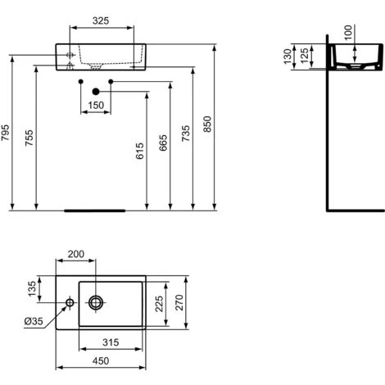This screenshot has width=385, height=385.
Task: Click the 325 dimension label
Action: tap(101, 20)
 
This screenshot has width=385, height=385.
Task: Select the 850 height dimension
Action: tap(208, 124)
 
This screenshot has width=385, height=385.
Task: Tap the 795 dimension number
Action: tap(5, 133)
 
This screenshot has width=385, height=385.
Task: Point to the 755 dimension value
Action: tap(29, 138)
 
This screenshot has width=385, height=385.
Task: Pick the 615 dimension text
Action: tap(139, 151)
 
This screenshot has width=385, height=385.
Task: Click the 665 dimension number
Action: tap(163, 143)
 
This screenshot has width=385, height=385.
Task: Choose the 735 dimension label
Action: tap(186, 134)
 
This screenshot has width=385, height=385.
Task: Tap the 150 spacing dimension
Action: tap(96, 105)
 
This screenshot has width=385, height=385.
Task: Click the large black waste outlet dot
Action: tap(96, 92)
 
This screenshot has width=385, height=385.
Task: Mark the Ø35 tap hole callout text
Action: tap(34, 321)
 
